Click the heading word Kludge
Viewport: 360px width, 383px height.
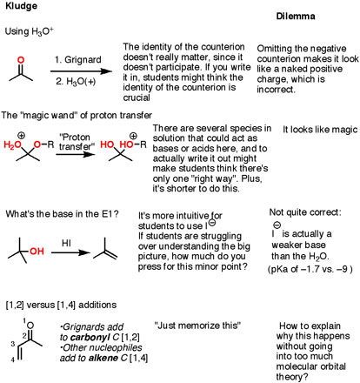[21, 6]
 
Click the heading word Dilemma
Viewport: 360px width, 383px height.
[296, 16]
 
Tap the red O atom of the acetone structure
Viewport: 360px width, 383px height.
[21, 60]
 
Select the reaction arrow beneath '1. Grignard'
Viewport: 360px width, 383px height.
[81, 71]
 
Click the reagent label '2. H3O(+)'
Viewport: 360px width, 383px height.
[76, 82]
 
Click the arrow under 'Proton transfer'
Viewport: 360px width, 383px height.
[76, 154]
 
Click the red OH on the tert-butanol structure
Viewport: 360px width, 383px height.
[37, 251]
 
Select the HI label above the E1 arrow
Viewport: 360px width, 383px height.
[66, 243]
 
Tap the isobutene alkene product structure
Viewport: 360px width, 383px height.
[105, 251]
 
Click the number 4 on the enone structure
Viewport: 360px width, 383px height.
[13, 359]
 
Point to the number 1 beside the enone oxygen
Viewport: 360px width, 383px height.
[24, 320]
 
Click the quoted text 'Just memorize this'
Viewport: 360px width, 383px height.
[197, 326]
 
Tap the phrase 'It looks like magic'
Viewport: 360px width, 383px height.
[320, 130]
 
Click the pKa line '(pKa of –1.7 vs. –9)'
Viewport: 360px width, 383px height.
[310, 269]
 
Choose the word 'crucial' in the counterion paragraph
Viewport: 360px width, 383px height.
[137, 97]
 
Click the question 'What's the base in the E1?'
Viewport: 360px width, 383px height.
[63, 214]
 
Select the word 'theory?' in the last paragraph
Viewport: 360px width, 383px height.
[292, 377]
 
